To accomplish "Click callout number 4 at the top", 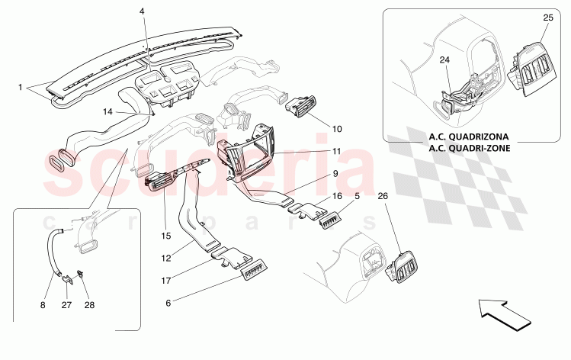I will pos(141,11).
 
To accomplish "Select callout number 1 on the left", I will pos(21,87).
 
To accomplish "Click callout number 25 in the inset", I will pos(548,17).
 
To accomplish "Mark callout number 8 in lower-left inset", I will pos(43,305).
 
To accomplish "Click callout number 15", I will pos(165,236).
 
